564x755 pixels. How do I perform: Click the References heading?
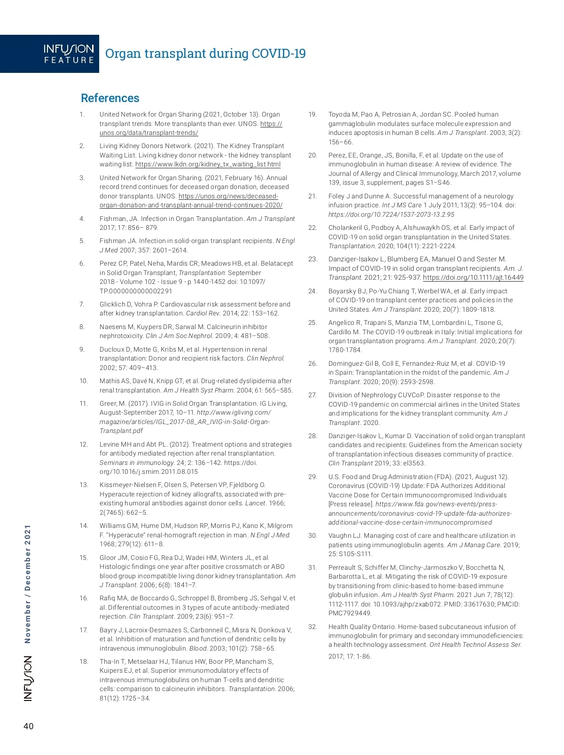pyautogui.click(x=110, y=98)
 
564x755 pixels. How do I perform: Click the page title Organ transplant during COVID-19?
pyautogui.click(x=205, y=54)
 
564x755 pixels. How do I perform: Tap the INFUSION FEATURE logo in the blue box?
pyautogui.click(x=69, y=54)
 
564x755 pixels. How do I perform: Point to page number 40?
pyautogui.click(x=29, y=726)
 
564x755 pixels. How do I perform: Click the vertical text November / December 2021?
pyautogui.click(x=28, y=583)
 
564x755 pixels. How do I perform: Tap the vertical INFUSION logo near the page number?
pyautogui.click(x=28, y=678)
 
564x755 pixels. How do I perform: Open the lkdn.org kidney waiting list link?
pyautogui.click(x=208, y=165)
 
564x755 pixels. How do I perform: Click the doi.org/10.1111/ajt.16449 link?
pyautogui.click(x=473, y=277)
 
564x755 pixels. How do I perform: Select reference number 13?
pyautogui.click(x=84, y=485)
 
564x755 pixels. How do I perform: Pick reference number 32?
pyautogui.click(x=313, y=627)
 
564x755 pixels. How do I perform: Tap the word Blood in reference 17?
pyautogui.click(x=198, y=648)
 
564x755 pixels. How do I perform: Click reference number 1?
pyautogui.click(x=82, y=114)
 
